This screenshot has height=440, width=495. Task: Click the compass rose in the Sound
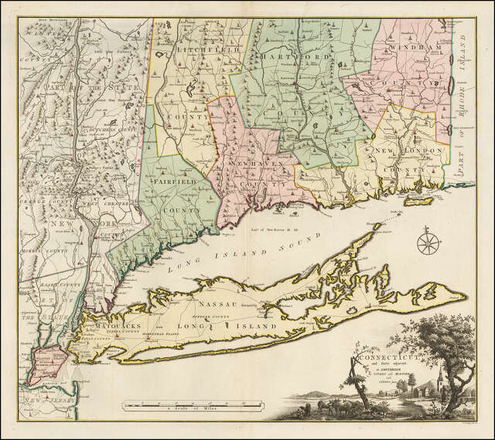(x=427, y=243)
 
